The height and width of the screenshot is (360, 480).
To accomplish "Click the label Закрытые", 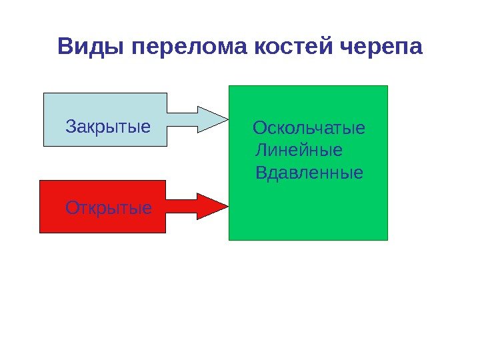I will [108, 126].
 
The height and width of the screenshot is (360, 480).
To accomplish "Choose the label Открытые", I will [109, 208].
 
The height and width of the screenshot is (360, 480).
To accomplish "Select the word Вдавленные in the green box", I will [309, 173].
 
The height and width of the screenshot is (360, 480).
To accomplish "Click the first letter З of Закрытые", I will [71, 126].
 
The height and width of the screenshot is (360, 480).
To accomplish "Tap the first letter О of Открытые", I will [72, 208].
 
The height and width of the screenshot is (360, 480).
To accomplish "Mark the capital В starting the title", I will [65, 48].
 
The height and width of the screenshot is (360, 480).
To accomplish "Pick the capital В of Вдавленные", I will [261, 173].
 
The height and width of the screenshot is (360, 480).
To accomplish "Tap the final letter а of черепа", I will [416, 49].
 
